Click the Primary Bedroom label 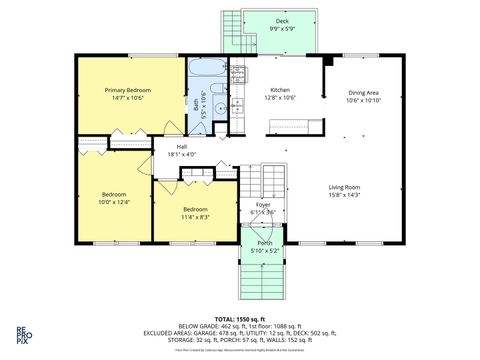[131, 90]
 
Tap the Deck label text [282, 20]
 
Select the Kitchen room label [279, 89]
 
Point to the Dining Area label [364, 92]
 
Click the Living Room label [345, 186]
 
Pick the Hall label [182, 146]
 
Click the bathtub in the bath [207, 71]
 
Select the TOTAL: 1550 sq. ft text [239, 317]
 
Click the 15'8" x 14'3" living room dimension [345, 195]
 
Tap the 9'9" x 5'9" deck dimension [282, 28]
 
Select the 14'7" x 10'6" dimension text [131, 98]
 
